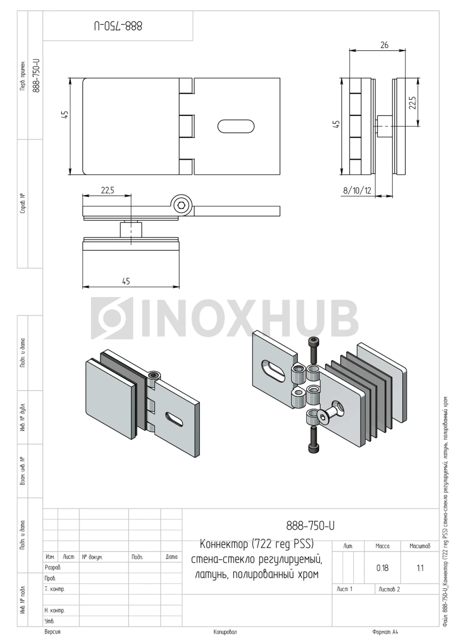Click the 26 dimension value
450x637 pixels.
click(384, 45)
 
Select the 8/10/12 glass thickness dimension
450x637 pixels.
click(357, 190)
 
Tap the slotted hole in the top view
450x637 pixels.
click(236, 126)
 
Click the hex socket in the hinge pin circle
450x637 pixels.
click(181, 206)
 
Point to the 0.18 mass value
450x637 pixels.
click(382, 568)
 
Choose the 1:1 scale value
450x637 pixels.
click(420, 568)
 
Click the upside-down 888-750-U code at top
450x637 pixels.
click(118, 26)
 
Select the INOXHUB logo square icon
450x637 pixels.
click(112, 318)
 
